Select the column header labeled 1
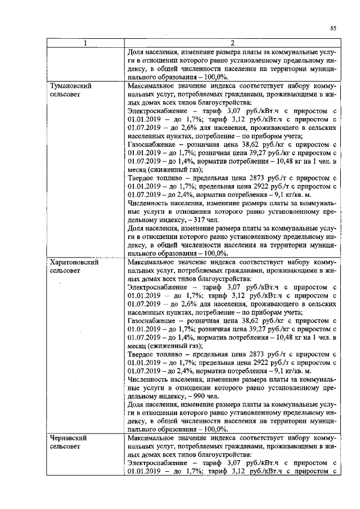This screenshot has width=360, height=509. coord(85,43)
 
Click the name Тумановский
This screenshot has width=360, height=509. coord(71,86)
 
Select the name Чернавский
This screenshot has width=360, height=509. coord(70,438)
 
